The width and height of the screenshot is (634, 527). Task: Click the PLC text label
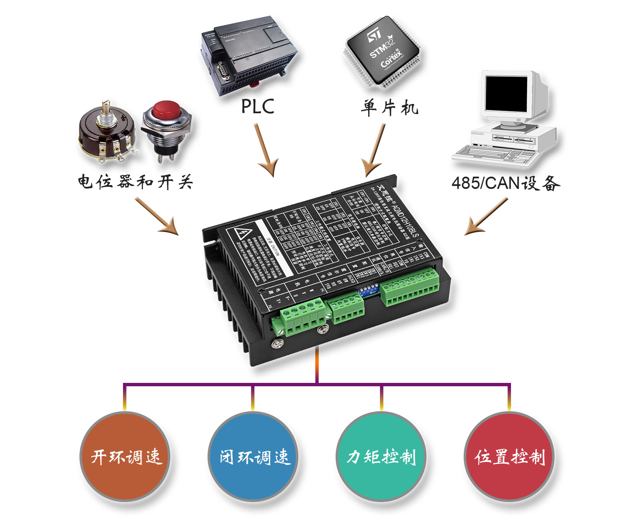click(257, 106)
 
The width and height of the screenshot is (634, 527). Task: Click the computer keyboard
click(495, 154)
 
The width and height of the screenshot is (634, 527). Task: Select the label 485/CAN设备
click(506, 183)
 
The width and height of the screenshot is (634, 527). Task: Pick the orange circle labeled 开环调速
click(125, 457)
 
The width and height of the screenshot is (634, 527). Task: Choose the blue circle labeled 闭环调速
click(253, 457)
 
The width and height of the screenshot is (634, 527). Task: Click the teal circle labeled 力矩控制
click(381, 457)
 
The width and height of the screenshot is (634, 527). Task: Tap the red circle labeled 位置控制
click(509, 457)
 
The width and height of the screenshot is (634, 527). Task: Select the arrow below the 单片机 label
click(374, 150)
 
